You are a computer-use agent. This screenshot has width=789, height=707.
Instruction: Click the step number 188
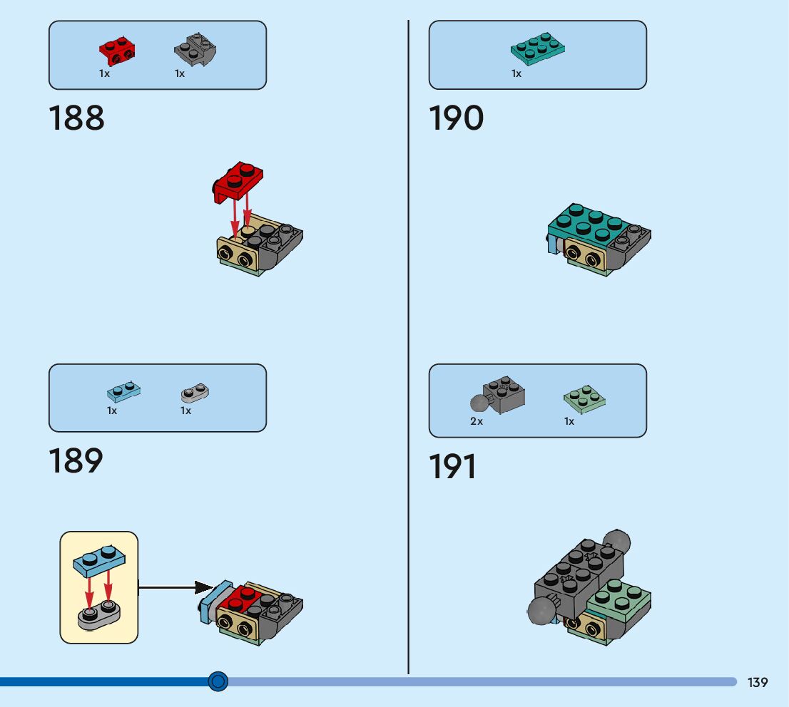76,118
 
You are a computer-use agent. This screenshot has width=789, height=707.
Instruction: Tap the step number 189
76,461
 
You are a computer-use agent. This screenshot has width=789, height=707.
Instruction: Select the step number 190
456,118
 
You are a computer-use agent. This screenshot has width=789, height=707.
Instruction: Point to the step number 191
452,468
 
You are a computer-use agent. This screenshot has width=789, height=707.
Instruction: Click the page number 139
758,682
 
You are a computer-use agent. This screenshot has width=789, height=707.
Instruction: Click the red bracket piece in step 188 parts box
117,49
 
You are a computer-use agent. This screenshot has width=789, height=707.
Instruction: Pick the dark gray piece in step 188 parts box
195,50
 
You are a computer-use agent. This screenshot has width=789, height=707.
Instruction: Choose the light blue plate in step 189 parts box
123,391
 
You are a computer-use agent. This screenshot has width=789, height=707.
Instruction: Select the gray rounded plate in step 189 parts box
195,391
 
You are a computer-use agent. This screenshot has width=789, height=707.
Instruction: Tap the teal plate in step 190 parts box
539,46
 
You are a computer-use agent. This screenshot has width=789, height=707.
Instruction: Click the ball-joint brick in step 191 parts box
499,396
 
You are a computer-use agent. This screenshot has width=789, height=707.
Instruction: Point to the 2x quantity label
477,421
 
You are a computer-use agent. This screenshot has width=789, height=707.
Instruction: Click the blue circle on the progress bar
218,681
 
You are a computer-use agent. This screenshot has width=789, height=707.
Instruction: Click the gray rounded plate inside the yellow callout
98,615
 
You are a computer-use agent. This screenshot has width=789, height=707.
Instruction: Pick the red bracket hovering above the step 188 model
238,179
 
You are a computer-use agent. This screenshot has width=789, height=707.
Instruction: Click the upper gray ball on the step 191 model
616,543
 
